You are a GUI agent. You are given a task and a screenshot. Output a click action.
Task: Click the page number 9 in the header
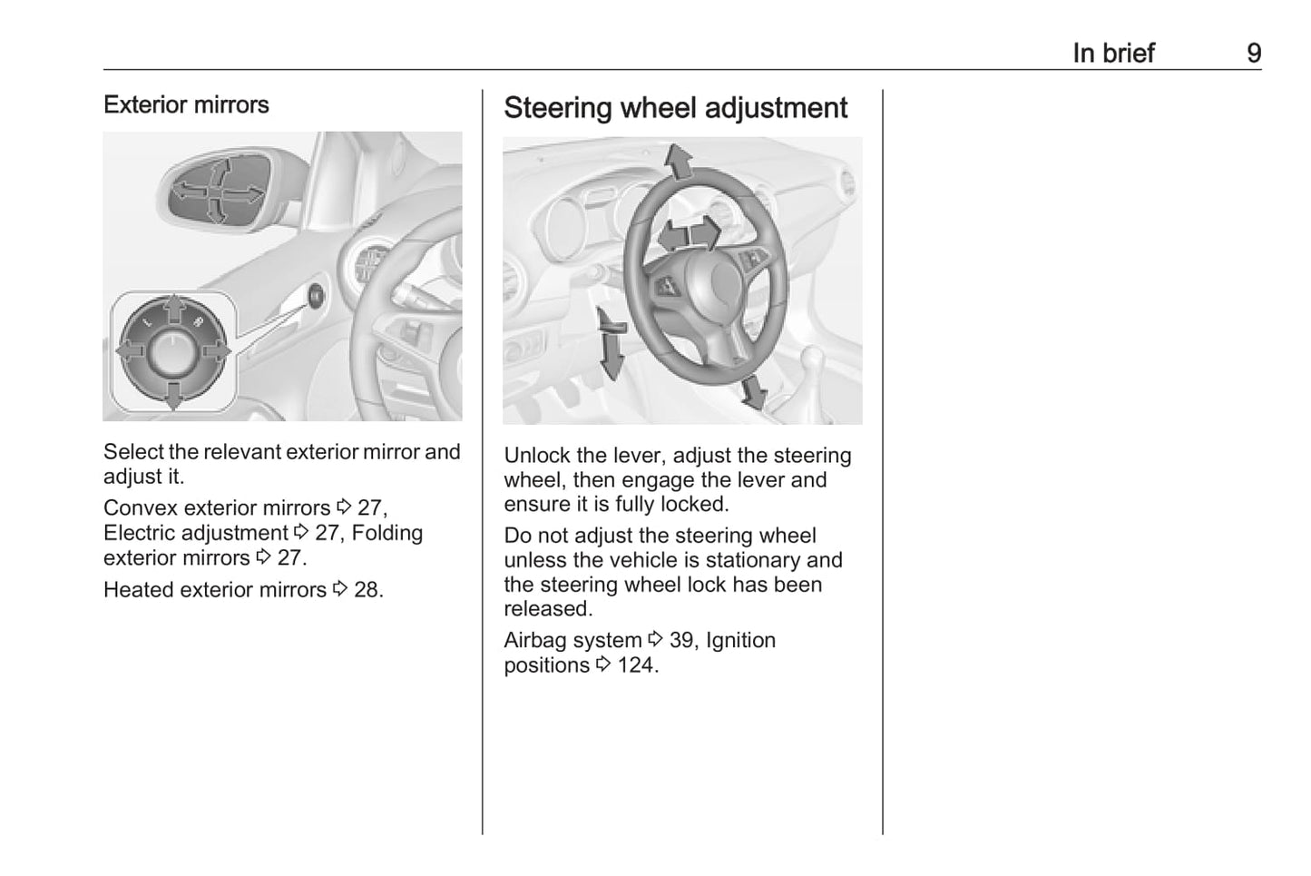pyautogui.click(x=1253, y=54)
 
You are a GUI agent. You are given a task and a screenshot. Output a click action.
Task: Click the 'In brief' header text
pyautogui.click(x=1113, y=54)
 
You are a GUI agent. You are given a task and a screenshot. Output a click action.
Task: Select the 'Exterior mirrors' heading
pyautogui.click(x=186, y=105)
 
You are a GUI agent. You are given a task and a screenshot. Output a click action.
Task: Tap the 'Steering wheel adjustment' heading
pyautogui.click(x=675, y=108)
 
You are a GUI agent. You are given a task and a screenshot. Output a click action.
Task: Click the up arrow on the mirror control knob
pyautogui.click(x=173, y=310)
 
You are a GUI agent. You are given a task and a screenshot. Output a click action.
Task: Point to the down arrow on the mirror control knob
pyautogui.click(x=173, y=393)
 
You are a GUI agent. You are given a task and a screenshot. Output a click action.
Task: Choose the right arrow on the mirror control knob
pyautogui.click(x=217, y=351)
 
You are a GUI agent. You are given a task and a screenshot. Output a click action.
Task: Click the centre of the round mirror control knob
pyautogui.click(x=172, y=352)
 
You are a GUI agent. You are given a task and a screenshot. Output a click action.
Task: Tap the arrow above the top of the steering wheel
pyautogui.click(x=678, y=161)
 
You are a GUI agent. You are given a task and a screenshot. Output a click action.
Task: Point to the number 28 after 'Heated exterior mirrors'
pyautogui.click(x=367, y=590)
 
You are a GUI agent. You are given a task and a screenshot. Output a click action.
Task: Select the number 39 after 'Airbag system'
pyautogui.click(x=681, y=641)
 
